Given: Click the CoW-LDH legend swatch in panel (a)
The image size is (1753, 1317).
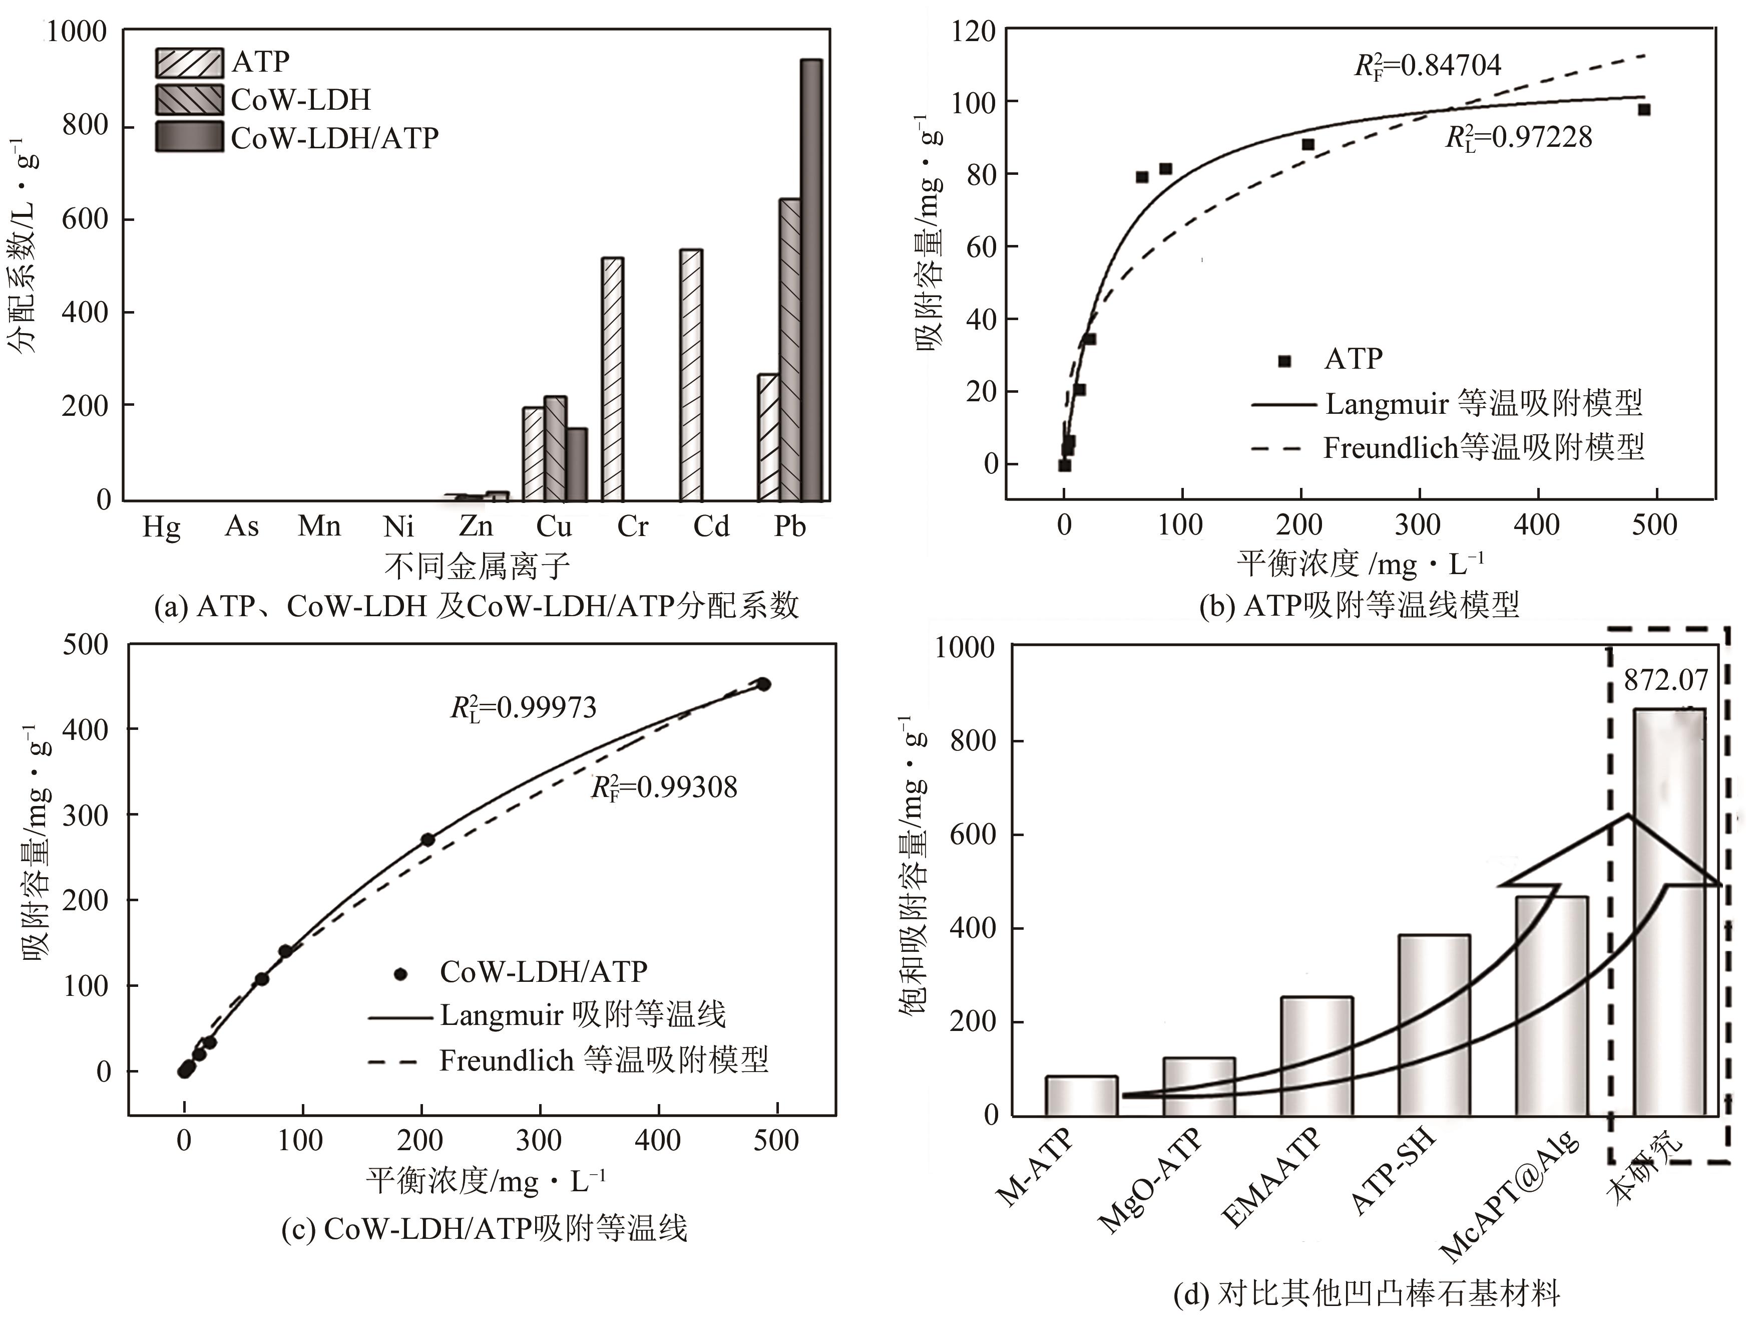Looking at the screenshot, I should tap(189, 100).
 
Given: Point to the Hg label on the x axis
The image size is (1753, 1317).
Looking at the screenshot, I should tap(162, 526).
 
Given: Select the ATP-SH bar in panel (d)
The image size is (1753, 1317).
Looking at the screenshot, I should tap(1434, 1025).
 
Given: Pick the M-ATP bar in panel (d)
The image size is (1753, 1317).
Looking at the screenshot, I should tap(1081, 1095).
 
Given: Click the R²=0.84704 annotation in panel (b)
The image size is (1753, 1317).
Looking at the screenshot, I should tap(1427, 65).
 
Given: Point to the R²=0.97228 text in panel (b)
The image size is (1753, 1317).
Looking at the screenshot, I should tap(1518, 137).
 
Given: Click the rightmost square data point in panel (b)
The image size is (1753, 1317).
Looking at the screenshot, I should tap(1644, 109).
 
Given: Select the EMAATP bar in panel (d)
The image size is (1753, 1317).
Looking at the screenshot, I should tap(1317, 1056).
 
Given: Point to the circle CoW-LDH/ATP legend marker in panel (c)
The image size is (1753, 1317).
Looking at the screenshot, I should tap(401, 973).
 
